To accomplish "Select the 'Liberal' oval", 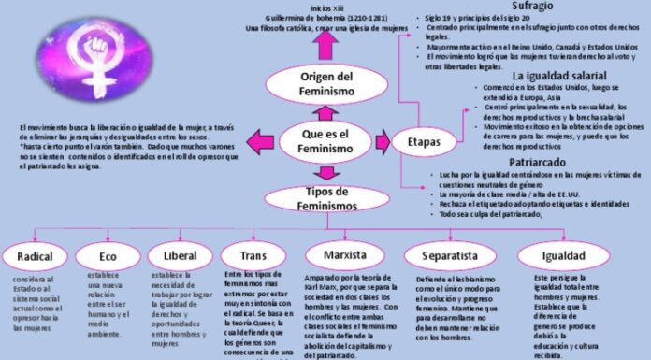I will point(179,255).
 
